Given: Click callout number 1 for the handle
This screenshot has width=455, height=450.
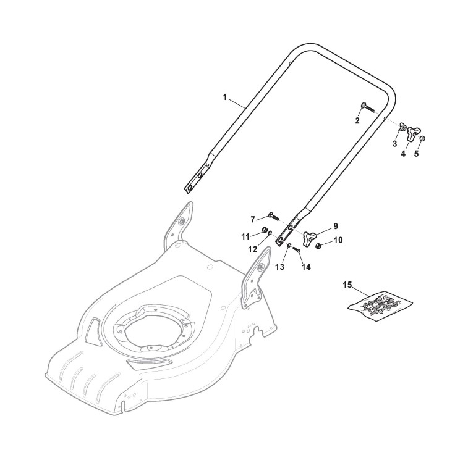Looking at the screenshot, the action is [224, 98].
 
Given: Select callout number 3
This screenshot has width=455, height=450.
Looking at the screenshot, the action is [394, 144].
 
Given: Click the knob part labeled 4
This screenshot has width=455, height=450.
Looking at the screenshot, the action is [412, 133].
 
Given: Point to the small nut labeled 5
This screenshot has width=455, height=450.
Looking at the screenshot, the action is [422, 138].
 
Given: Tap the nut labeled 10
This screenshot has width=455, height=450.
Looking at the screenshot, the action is [318, 246].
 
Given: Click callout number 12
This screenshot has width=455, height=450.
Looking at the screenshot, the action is [252, 249].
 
